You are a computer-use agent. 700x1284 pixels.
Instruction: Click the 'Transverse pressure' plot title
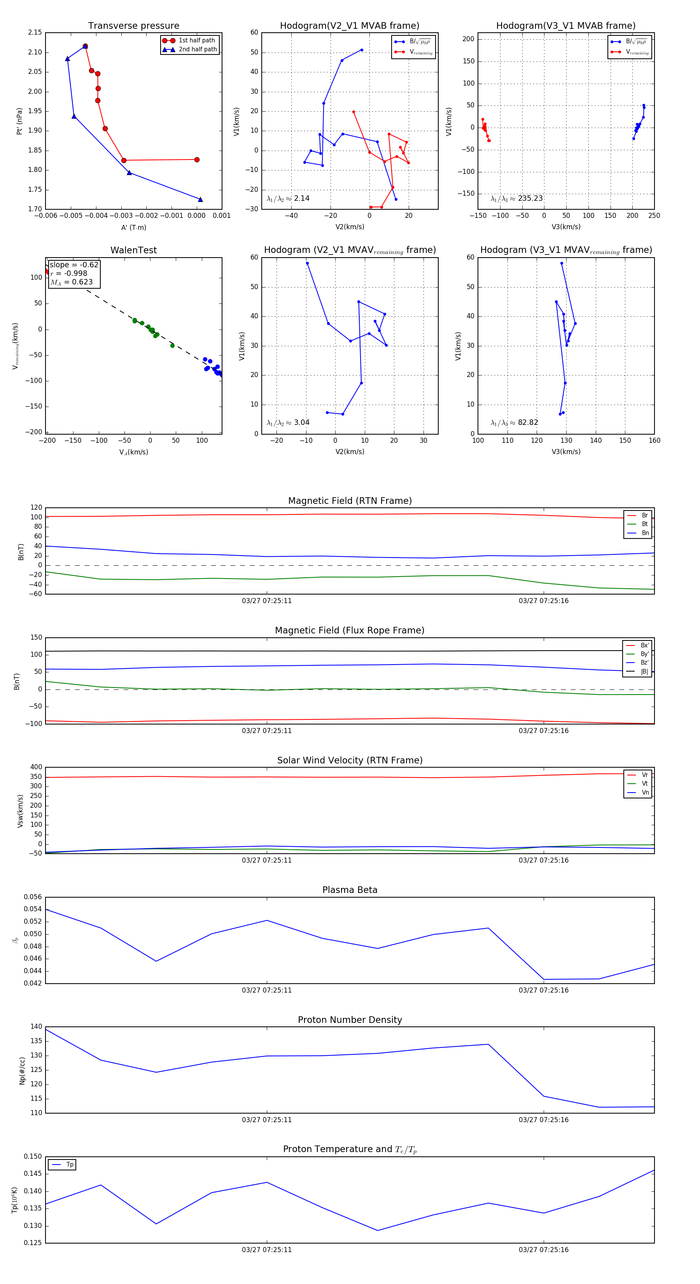(x=133, y=26)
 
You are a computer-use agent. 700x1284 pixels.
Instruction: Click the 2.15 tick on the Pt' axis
(x=35, y=32)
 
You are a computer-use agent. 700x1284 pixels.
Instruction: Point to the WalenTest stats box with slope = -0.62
(x=74, y=273)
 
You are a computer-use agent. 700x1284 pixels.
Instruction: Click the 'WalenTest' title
(x=133, y=250)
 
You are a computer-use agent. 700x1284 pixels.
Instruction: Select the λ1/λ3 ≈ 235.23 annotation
(x=517, y=198)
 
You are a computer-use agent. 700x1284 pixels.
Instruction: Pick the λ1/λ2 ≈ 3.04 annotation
(x=288, y=423)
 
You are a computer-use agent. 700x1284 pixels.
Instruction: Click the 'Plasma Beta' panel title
(x=350, y=890)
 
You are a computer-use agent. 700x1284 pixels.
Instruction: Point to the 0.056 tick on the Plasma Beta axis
(x=33, y=897)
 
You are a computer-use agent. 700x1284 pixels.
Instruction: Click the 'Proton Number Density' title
(x=350, y=1020)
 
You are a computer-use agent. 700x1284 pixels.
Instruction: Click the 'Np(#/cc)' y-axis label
(x=22, y=1070)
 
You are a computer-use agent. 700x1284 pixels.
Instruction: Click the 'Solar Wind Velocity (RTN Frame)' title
(x=350, y=760)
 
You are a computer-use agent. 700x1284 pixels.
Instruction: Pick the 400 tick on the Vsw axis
(x=36, y=767)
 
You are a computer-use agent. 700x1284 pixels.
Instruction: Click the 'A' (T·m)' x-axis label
(x=133, y=227)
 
